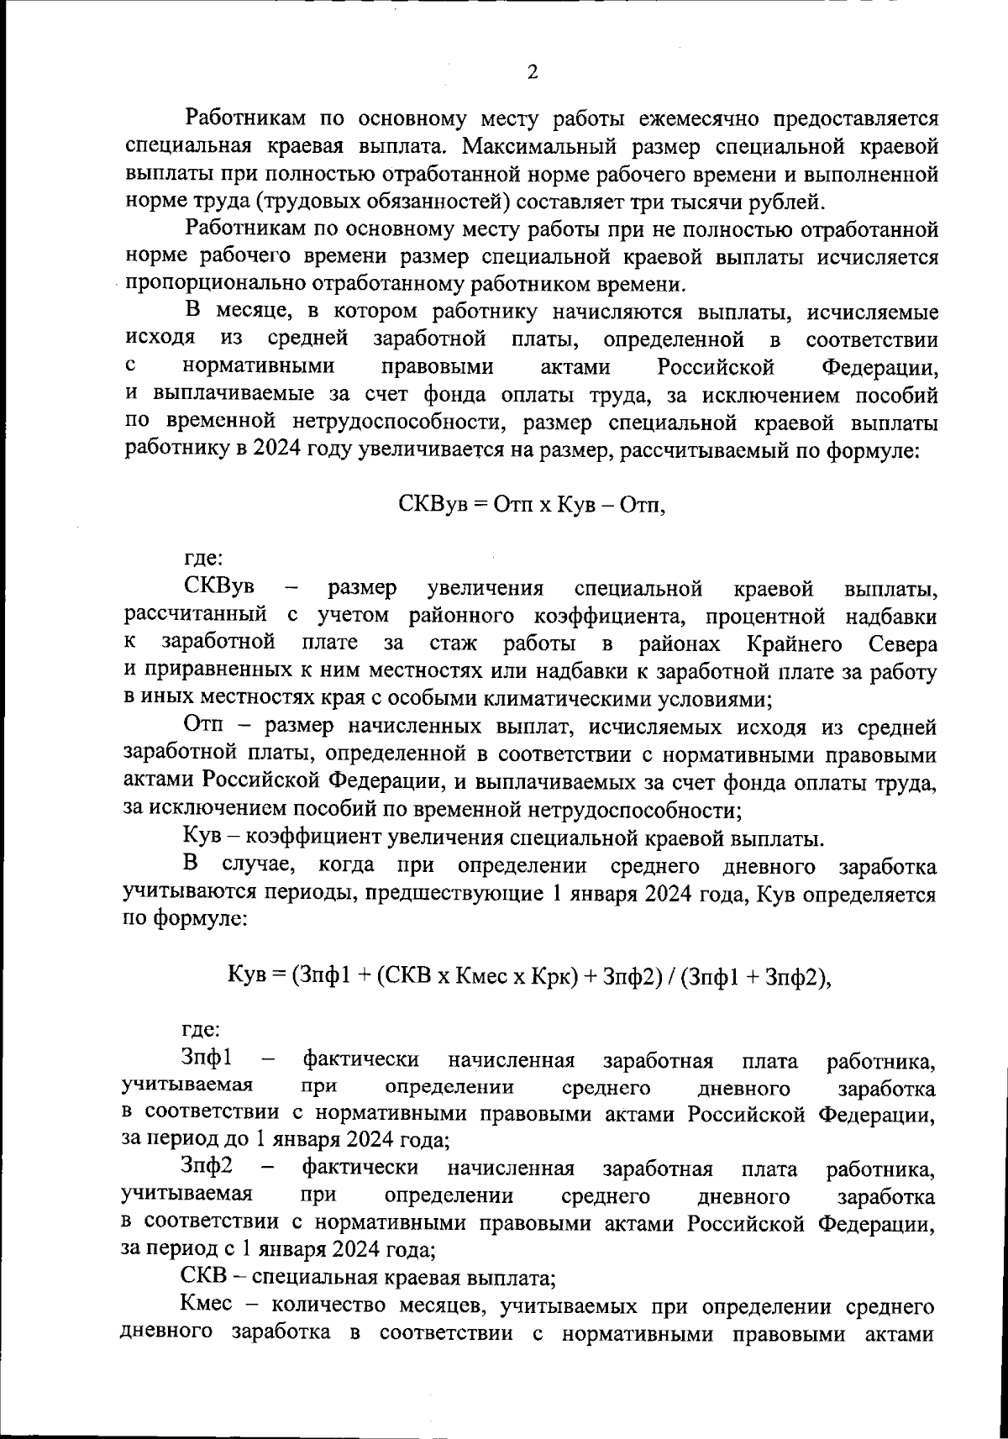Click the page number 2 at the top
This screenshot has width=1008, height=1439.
[x=532, y=72]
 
